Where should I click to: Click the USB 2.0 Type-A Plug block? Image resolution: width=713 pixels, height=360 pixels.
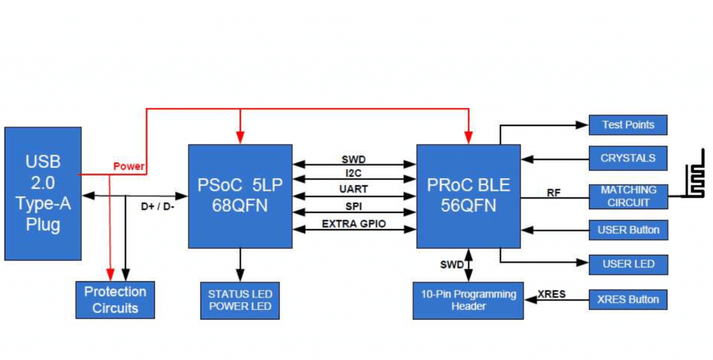42,194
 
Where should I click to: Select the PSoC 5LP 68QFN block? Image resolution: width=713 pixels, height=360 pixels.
240,196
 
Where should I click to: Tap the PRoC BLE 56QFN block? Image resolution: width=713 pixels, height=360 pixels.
468,196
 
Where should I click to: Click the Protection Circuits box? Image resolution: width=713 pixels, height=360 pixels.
115,299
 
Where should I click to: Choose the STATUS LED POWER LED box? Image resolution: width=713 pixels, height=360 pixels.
240,300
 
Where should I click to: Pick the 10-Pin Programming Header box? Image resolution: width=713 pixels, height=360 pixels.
468,300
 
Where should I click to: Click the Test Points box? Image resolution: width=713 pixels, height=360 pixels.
628,125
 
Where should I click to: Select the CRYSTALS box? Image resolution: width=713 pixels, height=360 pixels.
628,158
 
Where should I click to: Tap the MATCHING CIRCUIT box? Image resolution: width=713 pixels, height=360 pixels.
628,196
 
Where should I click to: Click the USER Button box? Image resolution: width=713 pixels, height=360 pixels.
628,230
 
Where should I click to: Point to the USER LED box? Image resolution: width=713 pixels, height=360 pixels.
628,265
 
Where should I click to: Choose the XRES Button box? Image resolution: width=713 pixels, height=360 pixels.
628,300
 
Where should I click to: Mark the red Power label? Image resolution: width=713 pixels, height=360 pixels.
129,166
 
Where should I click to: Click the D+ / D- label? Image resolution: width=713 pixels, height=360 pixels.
157,206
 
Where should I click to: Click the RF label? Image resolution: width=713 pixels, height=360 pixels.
554,193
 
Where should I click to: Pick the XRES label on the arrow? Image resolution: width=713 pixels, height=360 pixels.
551,294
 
